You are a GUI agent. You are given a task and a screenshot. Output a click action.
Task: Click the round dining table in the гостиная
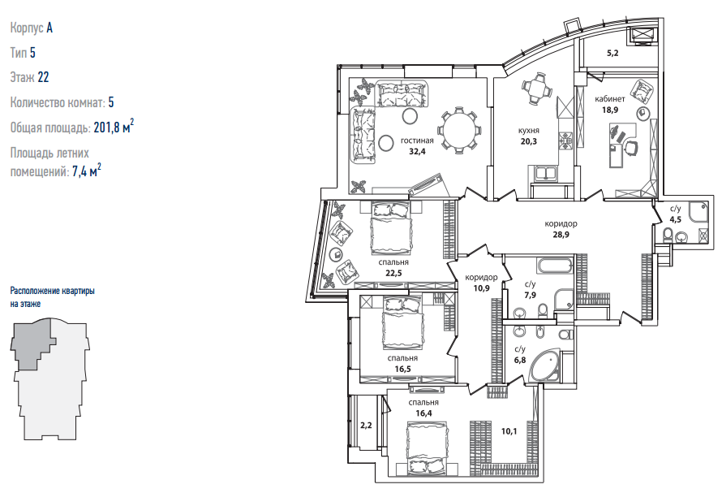459,130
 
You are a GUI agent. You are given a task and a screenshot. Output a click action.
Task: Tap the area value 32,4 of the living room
417,151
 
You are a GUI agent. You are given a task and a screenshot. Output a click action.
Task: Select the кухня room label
528,131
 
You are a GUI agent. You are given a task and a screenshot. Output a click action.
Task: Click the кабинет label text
610,99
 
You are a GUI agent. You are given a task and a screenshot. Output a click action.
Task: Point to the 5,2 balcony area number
612,53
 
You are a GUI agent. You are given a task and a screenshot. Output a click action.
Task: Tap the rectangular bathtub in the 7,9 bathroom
554,266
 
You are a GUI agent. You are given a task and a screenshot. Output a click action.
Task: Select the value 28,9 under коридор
561,234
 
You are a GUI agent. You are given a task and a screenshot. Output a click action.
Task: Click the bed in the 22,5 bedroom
390,228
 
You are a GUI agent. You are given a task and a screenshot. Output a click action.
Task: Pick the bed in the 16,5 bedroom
402,322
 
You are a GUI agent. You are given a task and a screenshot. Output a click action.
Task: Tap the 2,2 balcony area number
366,426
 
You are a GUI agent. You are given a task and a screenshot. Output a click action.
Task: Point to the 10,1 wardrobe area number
509,431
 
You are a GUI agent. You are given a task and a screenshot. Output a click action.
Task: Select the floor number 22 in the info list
43,77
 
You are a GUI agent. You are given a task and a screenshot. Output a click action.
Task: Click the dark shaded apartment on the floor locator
32,344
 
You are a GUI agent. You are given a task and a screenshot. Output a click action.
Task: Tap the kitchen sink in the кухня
547,174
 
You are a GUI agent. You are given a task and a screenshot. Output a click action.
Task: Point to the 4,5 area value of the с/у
676,219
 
